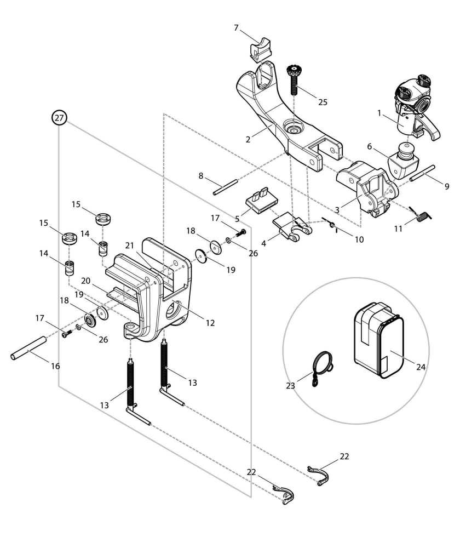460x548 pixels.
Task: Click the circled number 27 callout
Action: (x=59, y=118)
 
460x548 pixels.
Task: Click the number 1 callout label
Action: (x=378, y=113)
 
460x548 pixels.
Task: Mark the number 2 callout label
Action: (x=248, y=139)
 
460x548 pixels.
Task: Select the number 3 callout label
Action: (x=337, y=209)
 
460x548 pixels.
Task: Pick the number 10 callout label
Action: (x=358, y=239)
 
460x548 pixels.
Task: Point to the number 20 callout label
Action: (x=87, y=280)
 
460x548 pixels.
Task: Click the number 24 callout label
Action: (x=421, y=367)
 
